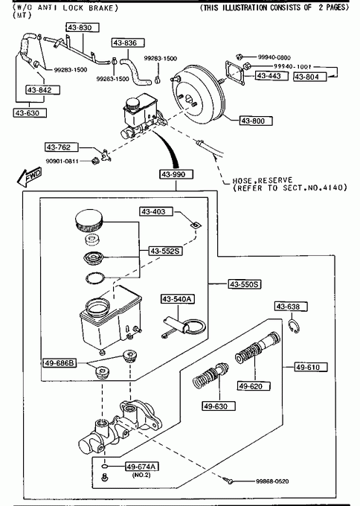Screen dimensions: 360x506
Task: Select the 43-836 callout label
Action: [x=128, y=42]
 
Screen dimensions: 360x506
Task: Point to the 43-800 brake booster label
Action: [x=256, y=121]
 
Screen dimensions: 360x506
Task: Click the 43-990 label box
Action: [x=176, y=175]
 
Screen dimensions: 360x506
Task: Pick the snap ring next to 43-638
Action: [x=295, y=326]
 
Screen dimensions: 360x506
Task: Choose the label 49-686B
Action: [x=60, y=363]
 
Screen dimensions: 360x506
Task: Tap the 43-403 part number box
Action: [x=156, y=211]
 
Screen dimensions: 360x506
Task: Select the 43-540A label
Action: [x=178, y=299]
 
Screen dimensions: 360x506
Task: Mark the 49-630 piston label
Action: [x=219, y=406]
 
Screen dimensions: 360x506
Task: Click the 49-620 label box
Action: [x=254, y=386]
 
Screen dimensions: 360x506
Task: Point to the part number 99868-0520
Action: [x=272, y=481]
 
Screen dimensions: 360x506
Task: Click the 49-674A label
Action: [x=142, y=467]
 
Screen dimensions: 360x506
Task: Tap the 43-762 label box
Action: [x=62, y=147]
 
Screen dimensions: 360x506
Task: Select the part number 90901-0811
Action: [x=62, y=161]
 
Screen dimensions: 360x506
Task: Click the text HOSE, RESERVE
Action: [x=263, y=180]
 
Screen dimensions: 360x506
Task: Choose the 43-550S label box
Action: [x=245, y=284]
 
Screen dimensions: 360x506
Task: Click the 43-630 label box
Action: [x=30, y=113]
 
